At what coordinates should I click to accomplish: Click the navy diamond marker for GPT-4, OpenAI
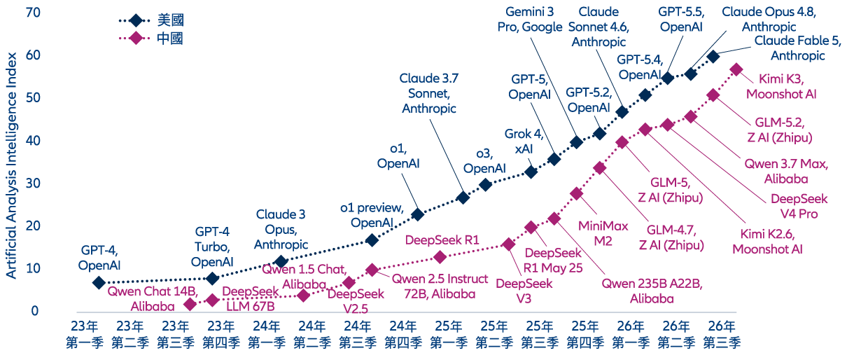(x=99, y=282)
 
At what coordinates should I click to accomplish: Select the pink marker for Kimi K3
(x=736, y=69)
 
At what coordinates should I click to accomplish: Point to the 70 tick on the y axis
(x=33, y=13)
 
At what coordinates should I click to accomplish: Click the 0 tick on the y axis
(x=35, y=311)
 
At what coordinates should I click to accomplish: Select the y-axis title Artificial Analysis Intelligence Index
(x=11, y=165)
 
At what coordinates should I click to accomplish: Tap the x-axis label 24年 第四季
(x=403, y=334)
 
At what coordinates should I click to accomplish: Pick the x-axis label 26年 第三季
(x=722, y=334)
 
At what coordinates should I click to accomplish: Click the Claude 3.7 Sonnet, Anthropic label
(x=429, y=93)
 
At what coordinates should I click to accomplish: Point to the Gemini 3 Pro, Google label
(x=530, y=20)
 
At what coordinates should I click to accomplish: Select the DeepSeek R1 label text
(x=442, y=240)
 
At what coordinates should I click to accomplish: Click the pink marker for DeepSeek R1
(x=440, y=258)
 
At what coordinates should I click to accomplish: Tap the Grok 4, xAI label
(x=524, y=141)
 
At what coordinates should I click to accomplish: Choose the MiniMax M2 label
(x=603, y=233)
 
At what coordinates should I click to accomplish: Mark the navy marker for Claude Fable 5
(x=713, y=57)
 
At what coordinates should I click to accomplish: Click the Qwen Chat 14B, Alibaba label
(x=153, y=299)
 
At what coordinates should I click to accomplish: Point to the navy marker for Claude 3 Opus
(x=281, y=261)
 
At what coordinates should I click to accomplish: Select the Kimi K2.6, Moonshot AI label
(x=767, y=242)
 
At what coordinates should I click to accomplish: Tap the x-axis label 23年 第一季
(x=84, y=334)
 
